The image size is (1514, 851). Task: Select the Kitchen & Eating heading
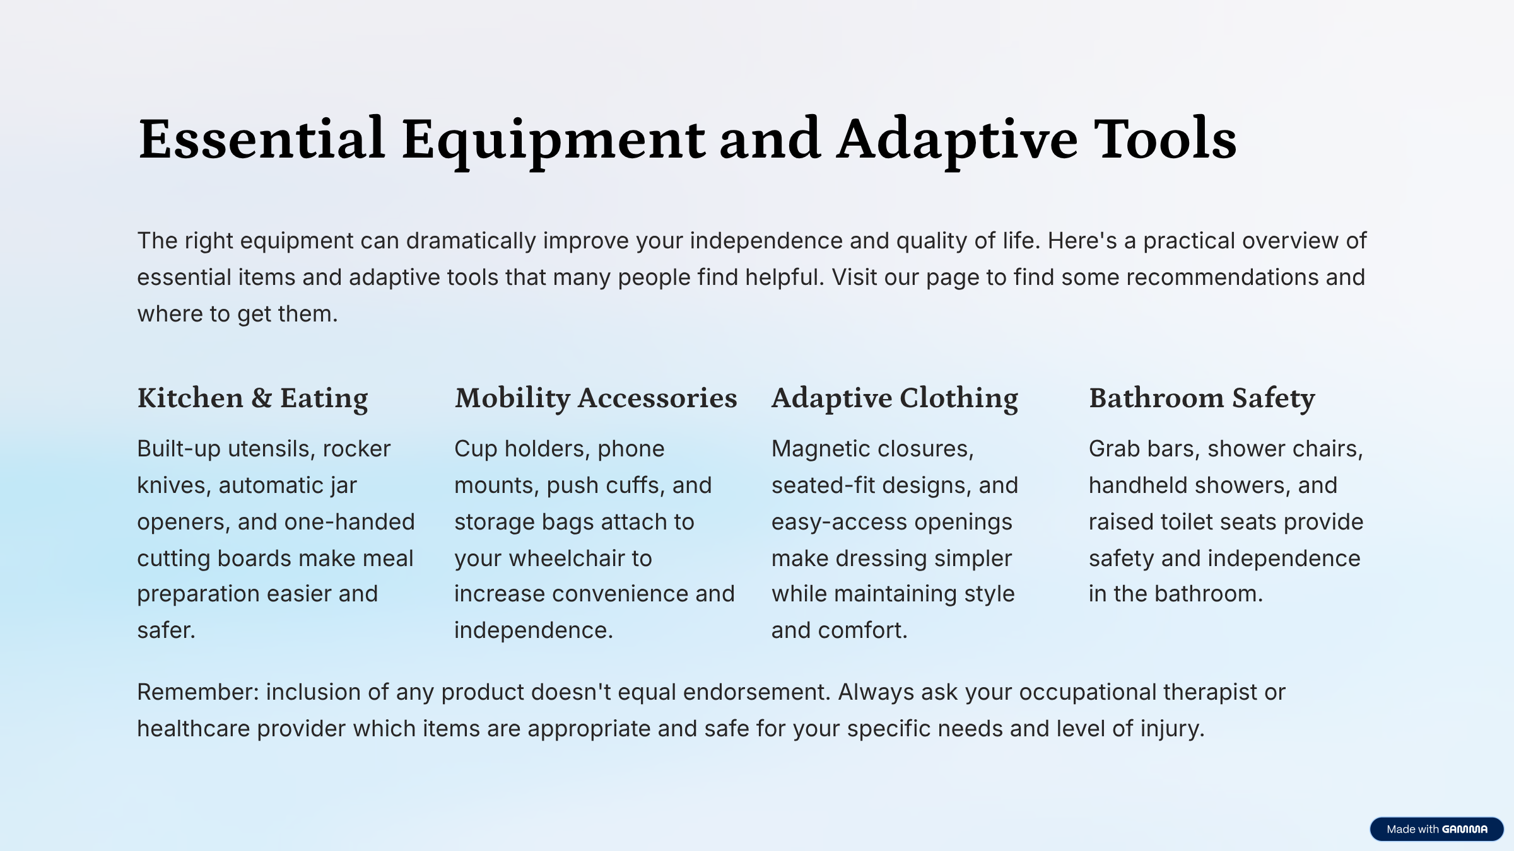tap(252, 398)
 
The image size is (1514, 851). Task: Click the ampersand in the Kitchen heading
tap(262, 398)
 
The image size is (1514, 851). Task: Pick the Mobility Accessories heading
tap(596, 398)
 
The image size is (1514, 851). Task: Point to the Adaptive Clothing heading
tap(895, 398)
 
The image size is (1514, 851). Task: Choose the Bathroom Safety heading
tap(1202, 398)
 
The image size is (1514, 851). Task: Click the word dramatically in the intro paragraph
tap(471, 241)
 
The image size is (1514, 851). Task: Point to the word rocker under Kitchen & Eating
tap(356, 449)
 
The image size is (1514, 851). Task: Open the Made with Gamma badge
tap(1436, 829)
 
